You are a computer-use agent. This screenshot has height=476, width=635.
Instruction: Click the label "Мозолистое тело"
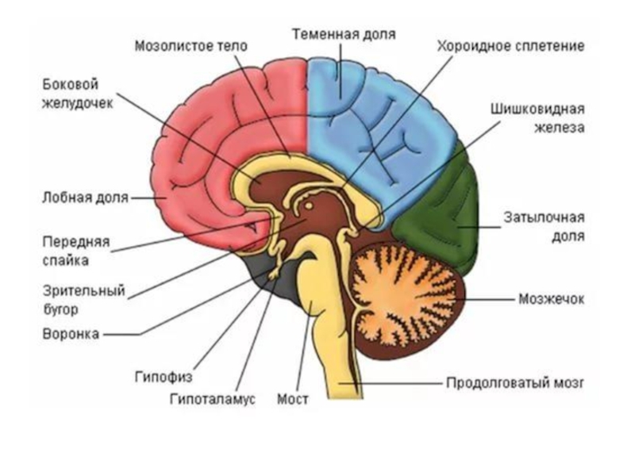[x=190, y=46]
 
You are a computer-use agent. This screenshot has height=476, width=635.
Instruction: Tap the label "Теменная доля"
[x=343, y=35]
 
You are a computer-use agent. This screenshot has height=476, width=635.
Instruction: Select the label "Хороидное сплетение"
[x=510, y=46]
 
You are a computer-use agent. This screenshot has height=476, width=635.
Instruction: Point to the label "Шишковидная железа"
[x=537, y=117]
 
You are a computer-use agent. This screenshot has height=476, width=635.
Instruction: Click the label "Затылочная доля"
[x=544, y=227]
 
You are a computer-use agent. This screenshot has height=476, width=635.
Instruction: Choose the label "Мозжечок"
[x=551, y=299]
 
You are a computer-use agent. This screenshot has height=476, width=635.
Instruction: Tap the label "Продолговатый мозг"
[x=514, y=382]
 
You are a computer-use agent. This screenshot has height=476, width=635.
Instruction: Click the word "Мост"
[x=292, y=398]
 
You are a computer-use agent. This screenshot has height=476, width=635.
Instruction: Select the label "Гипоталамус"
[x=212, y=398]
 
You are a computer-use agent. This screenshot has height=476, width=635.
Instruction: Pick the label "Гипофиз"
[x=163, y=377]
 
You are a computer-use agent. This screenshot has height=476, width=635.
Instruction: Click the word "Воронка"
[x=71, y=334]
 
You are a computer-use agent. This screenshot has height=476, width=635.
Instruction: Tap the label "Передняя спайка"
[x=76, y=251]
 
